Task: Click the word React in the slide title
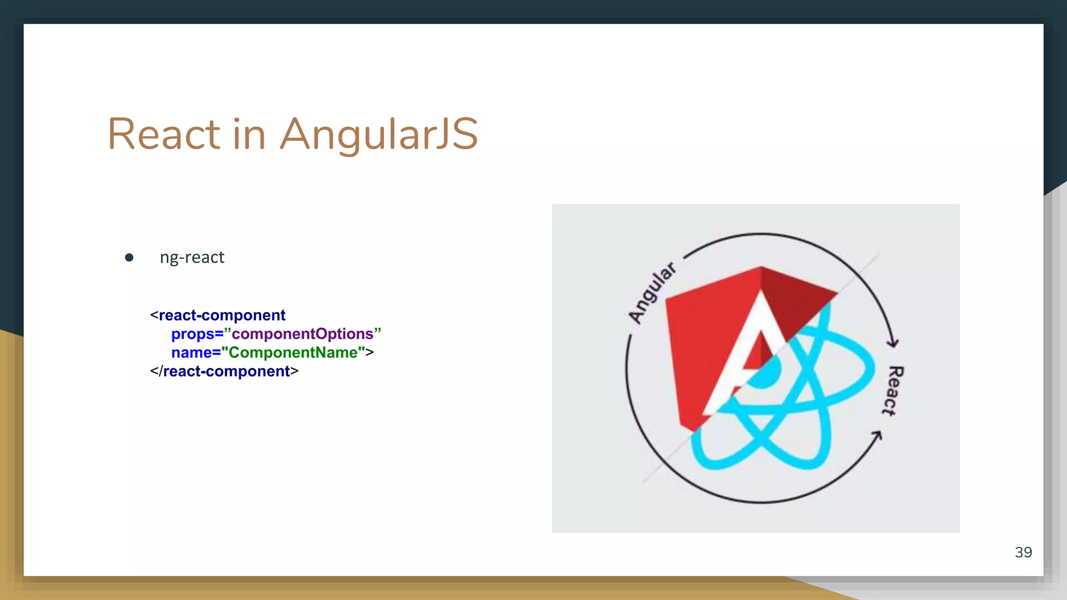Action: [x=164, y=134]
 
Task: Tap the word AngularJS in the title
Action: [x=379, y=134]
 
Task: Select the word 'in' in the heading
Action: [x=250, y=134]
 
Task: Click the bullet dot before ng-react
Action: [x=129, y=257]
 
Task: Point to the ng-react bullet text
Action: [x=192, y=257]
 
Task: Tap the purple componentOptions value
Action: [x=303, y=334]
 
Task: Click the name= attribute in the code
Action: [x=195, y=353]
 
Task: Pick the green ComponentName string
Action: [x=293, y=353]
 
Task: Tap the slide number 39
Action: [x=1023, y=552]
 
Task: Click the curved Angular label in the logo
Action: [x=651, y=293]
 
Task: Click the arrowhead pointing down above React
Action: [x=892, y=342]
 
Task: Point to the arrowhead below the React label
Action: [x=877, y=435]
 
